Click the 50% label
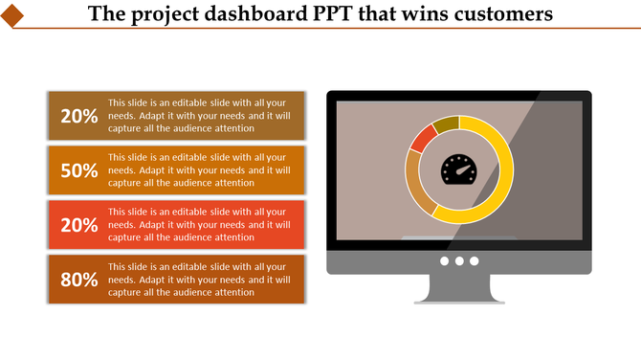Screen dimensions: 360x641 [79, 171]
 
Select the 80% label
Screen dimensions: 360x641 [79, 281]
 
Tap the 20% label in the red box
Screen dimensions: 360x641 [79, 226]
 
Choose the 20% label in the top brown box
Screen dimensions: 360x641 [79, 117]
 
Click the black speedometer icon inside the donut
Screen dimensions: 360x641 [459, 169]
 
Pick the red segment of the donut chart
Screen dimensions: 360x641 [421, 140]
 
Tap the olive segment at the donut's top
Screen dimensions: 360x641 [446, 124]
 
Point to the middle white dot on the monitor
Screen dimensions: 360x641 [459, 261]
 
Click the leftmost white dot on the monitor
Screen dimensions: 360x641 [445, 261]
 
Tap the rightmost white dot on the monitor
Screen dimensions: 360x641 [474, 261]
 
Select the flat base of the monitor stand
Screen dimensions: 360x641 [459, 302]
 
